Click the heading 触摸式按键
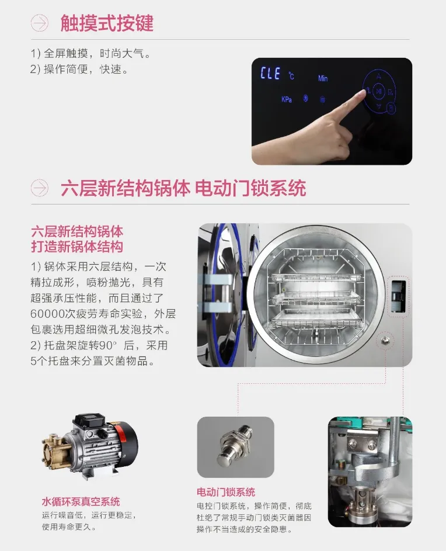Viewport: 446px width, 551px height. coord(107,23)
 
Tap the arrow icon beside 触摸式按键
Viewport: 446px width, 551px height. coord(39,23)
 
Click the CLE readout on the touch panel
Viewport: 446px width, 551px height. coord(270,74)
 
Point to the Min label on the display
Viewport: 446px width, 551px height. coord(323,78)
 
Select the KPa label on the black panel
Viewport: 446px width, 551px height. coord(287,99)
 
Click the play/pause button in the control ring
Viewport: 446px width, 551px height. coord(378,91)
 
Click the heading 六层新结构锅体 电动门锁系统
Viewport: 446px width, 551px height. coord(183,188)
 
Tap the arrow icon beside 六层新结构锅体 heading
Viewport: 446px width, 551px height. coord(39,188)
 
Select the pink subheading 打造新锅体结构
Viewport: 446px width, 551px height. coord(77,247)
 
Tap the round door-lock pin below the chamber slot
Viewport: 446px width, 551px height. coord(386,340)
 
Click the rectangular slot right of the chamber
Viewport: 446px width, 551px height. coord(398,296)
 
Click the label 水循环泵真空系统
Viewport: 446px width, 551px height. coord(81,501)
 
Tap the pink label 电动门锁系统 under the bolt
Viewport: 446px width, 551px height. coord(226,492)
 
